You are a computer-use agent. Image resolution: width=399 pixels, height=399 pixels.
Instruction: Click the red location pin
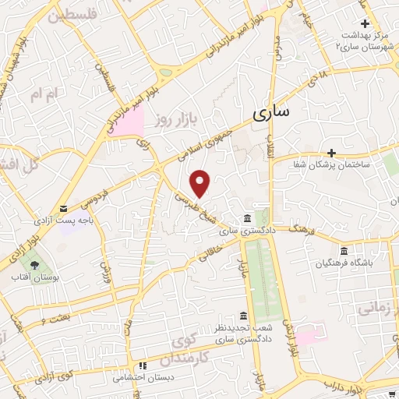[x=201, y=183]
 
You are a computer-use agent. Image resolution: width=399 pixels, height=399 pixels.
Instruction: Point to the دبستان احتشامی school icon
[x=142, y=365]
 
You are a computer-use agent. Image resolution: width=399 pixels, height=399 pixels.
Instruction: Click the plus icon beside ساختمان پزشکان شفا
[x=331, y=152]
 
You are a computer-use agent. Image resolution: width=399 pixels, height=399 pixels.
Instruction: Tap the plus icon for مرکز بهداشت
[x=363, y=24]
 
